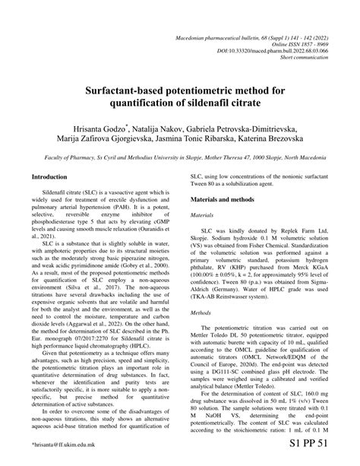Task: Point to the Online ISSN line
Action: [307, 21]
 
